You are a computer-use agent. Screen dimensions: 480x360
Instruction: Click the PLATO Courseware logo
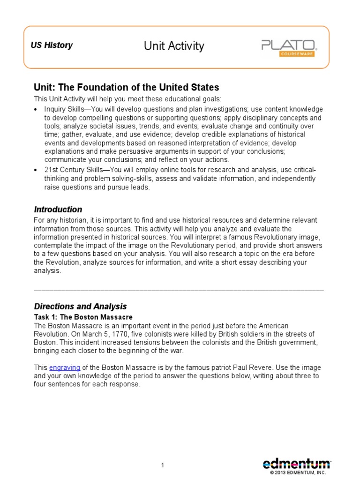point(289,46)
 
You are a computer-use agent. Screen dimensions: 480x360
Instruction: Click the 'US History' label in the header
point(52,45)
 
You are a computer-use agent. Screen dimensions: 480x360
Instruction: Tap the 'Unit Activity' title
point(174,46)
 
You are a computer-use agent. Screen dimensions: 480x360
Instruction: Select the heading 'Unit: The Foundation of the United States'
point(120,88)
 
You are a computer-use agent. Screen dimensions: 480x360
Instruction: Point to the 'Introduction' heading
point(58,210)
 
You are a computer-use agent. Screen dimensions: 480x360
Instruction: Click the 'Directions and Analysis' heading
point(80,307)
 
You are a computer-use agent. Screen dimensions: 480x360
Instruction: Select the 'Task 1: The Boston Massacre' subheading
point(83,317)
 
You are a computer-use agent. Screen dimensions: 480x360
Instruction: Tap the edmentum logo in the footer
point(296,464)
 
